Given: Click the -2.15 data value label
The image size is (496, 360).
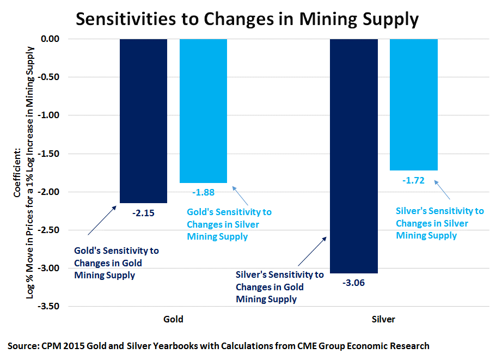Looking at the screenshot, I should click(x=143, y=213).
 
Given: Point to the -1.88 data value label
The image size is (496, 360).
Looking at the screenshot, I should click(x=203, y=192).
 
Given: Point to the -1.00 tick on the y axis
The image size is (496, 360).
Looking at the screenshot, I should click(x=53, y=115).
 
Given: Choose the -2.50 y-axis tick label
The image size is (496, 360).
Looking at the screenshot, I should click(x=53, y=230).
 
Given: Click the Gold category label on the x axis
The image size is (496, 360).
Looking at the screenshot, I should click(x=173, y=319).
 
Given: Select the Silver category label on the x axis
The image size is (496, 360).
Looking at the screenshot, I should click(x=384, y=319).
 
